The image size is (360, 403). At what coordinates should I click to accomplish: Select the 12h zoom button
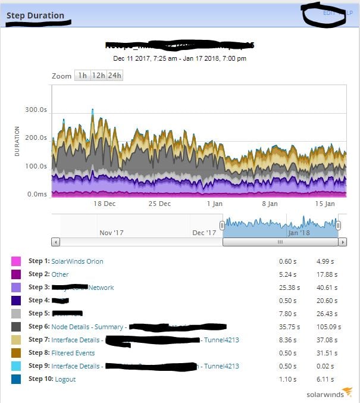99,76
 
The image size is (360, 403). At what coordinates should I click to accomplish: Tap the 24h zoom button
115,76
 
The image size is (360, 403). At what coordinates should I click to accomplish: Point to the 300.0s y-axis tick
36,110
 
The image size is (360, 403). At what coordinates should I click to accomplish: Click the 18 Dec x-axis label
105,204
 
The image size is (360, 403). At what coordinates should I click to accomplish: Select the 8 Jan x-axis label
270,204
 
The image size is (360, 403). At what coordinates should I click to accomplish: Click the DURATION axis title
17,141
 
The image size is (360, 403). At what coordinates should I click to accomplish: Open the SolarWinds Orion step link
77,261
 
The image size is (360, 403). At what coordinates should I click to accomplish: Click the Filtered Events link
73,353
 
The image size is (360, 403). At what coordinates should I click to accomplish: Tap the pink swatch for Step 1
16,261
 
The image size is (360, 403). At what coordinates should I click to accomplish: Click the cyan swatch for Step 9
16,366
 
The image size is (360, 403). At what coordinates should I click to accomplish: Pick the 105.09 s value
327,327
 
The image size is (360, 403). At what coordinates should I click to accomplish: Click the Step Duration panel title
35,15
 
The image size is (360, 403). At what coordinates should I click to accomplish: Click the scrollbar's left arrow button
56,242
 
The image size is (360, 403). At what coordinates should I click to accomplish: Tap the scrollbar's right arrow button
342,242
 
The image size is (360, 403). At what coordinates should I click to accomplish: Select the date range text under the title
180,58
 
